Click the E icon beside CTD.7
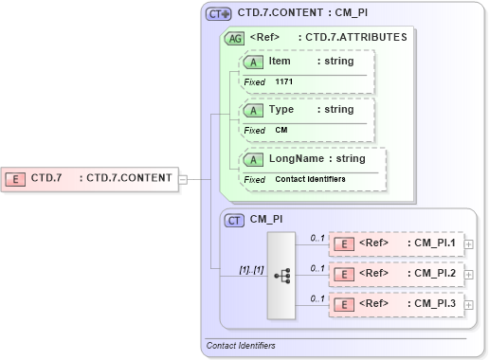(x=16, y=177)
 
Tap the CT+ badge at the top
(x=219, y=14)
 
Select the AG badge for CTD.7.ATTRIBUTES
(x=233, y=39)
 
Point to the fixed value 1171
(x=284, y=82)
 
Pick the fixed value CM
(x=281, y=130)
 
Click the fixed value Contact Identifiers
(x=310, y=179)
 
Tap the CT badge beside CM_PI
(x=233, y=220)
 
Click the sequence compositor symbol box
(x=282, y=275)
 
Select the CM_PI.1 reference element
(x=396, y=243)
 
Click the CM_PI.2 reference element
(x=396, y=274)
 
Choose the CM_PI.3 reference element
(x=396, y=304)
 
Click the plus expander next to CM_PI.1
(x=470, y=244)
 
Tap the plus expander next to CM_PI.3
(x=470, y=305)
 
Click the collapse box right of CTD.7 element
(x=183, y=178)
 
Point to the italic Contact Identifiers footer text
(x=241, y=346)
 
